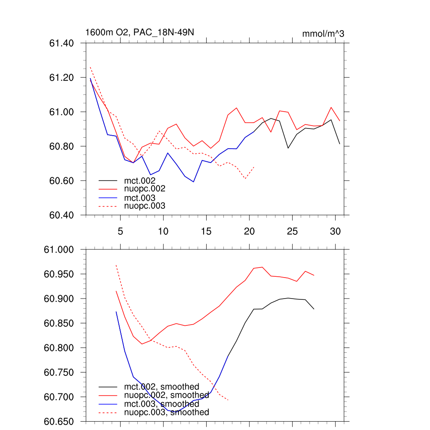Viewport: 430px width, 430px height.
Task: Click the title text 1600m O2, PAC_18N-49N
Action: (x=139, y=32)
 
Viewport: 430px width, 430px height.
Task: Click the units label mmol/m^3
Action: (x=323, y=34)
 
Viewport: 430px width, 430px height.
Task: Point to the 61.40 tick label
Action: (x=62, y=43)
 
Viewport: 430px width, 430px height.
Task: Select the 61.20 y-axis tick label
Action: (x=62, y=78)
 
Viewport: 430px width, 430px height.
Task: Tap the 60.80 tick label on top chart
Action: (x=62, y=147)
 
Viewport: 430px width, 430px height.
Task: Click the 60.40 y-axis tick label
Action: (x=62, y=215)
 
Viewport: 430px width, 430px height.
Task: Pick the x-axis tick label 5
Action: (x=120, y=231)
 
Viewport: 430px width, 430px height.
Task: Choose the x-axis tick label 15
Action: (x=206, y=231)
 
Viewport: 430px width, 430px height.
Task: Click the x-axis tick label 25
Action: (x=292, y=231)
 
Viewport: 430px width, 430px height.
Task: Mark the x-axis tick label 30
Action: (x=335, y=231)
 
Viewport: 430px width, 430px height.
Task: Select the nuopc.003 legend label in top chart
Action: (x=144, y=206)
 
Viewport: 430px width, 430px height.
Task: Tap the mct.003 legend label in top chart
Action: (x=139, y=197)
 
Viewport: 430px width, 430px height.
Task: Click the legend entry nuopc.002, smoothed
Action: (x=166, y=395)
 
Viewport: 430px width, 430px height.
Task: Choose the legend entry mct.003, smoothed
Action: (x=161, y=404)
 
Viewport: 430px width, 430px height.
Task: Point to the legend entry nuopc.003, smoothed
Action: (x=166, y=412)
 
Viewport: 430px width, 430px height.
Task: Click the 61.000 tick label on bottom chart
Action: (x=60, y=250)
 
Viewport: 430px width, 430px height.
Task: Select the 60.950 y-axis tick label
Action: (x=60, y=274)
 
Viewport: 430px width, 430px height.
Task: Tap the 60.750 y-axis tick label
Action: (x=60, y=372)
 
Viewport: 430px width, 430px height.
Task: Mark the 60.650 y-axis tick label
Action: (x=60, y=422)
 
